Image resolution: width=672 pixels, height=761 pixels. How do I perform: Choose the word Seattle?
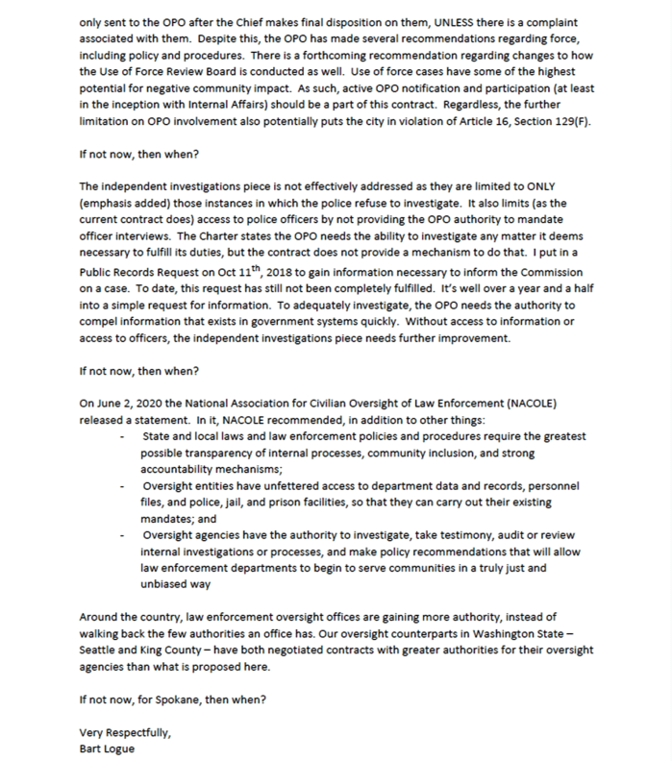click(109, 651)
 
